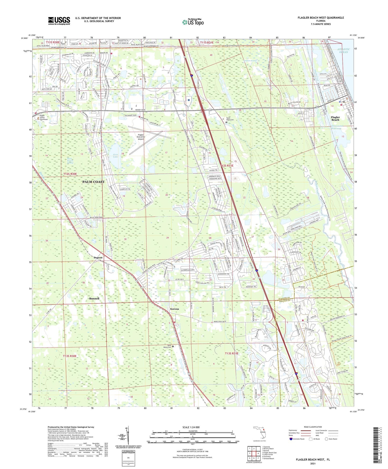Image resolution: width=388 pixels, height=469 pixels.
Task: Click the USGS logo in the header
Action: [x=59, y=21]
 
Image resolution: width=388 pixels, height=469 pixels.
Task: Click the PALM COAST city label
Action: [x=93, y=182]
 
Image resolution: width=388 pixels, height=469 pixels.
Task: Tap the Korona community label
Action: [x=175, y=309]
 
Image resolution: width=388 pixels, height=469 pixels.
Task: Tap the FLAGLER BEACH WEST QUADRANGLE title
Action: [x=321, y=18]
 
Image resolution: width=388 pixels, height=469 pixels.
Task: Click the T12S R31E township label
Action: [x=227, y=166]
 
